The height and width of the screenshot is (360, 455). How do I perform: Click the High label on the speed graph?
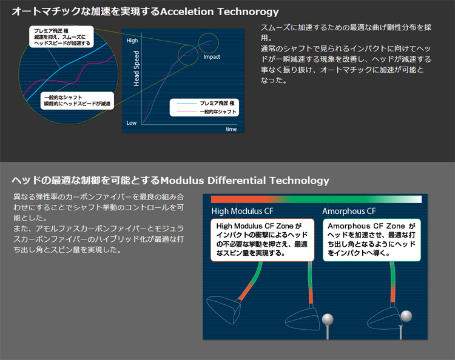(132, 41)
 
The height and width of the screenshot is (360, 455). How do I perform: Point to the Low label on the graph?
(132, 122)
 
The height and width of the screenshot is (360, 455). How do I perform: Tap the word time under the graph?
(231, 129)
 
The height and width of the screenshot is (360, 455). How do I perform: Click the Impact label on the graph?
(212, 57)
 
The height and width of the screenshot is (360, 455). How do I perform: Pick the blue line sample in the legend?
(186, 104)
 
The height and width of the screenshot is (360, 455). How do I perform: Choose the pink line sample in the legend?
(186, 112)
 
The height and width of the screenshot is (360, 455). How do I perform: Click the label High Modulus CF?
(242, 212)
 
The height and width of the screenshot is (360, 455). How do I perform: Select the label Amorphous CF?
(349, 212)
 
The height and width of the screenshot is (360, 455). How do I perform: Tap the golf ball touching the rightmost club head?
(406, 316)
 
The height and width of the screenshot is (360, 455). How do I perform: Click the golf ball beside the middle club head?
(329, 319)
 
